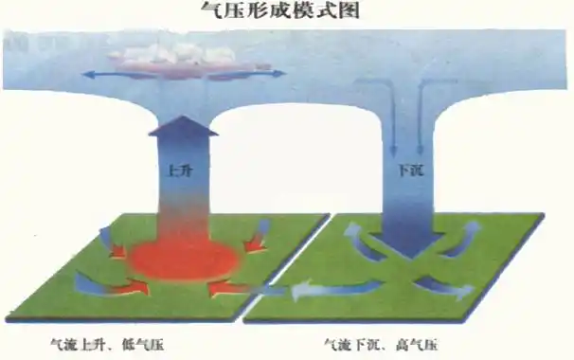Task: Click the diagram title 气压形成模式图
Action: pos(286,11)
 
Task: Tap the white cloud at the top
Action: pos(179,54)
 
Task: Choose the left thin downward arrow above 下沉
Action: pos(391,123)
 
